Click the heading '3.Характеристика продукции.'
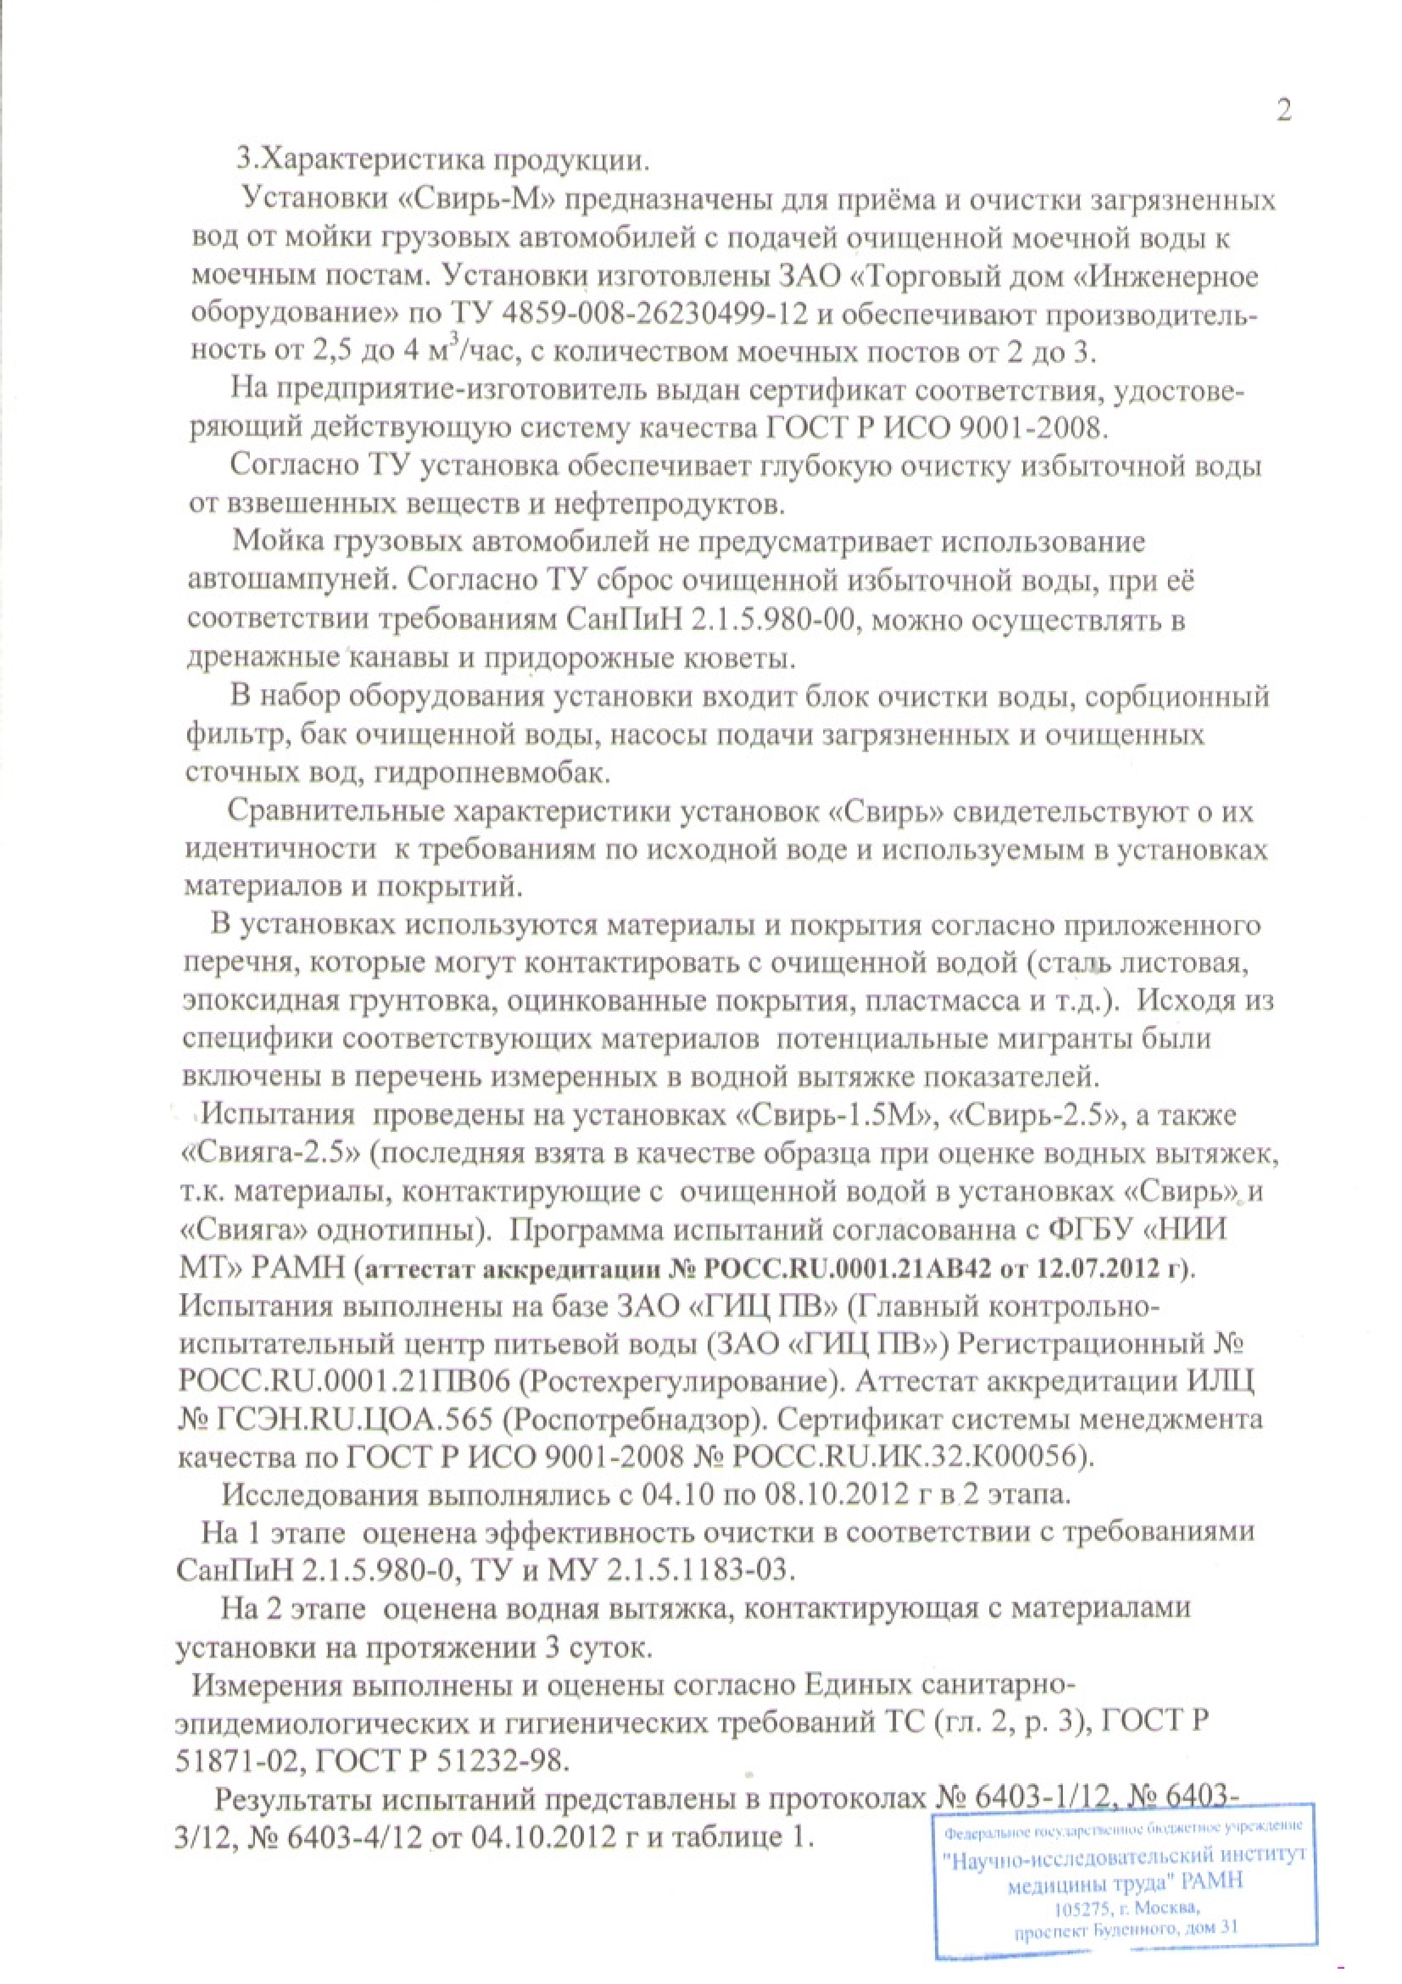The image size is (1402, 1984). [x=440, y=161]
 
